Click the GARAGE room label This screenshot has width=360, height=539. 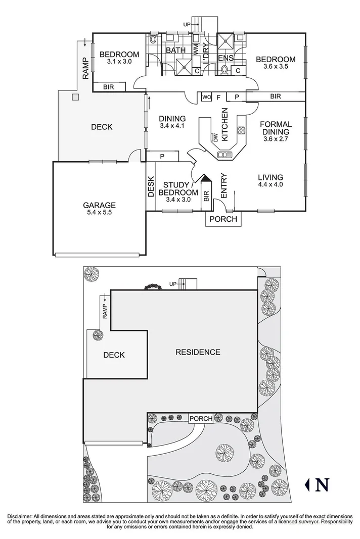click(x=99, y=205)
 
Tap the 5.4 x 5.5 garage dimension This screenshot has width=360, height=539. click(x=99, y=213)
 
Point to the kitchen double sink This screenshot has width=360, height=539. click(x=222, y=155)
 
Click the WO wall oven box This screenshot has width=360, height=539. click(x=206, y=96)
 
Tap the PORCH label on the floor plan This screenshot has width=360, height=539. click(x=223, y=219)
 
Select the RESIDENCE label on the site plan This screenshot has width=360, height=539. click(x=198, y=352)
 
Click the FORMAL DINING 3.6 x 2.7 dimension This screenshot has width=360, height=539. click(x=276, y=139)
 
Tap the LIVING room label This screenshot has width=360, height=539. click(x=270, y=177)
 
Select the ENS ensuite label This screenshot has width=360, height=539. click(x=226, y=58)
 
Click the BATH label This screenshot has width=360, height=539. click(x=175, y=50)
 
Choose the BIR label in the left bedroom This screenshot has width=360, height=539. click(x=108, y=87)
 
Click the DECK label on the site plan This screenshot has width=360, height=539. click(x=114, y=355)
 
